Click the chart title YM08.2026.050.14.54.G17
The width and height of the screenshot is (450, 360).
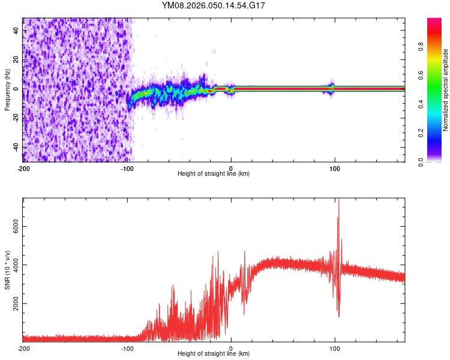pos(214,5)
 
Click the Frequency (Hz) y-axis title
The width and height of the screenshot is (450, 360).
pos(7,89)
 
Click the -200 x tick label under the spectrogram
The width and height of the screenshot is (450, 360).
pos(23,167)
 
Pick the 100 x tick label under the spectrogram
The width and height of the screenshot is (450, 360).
pos(335,167)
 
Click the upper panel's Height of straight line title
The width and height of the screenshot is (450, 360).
pos(214,174)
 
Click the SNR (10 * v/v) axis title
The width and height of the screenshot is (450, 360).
pos(7,269)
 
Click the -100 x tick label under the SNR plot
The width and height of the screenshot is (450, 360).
pos(127,348)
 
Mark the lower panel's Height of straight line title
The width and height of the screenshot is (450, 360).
pos(214,354)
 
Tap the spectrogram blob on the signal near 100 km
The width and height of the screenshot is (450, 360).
pos(332,88)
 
